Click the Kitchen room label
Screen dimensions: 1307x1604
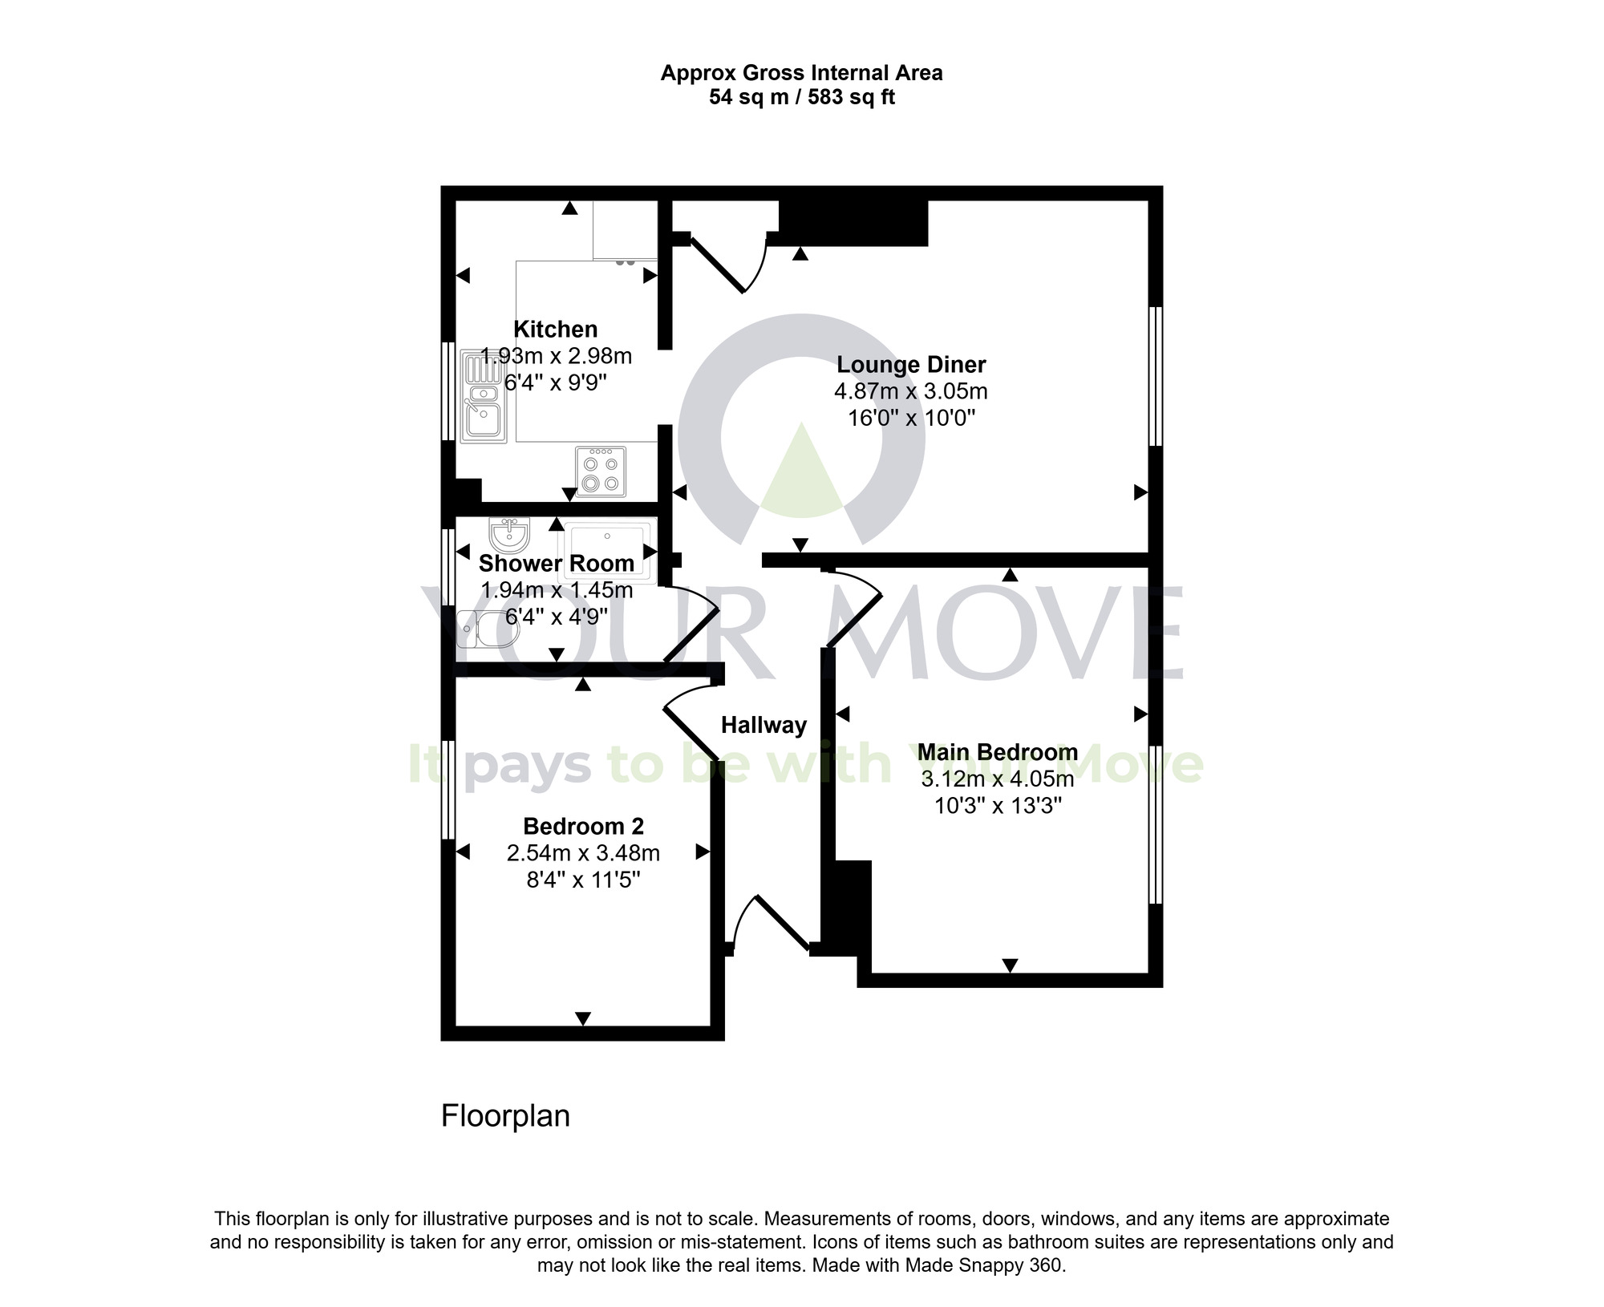point(555,330)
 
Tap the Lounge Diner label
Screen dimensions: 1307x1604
point(911,365)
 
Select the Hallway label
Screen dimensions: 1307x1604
point(764,726)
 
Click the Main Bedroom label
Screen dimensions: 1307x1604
point(998,752)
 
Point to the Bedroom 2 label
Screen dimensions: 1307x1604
point(583,826)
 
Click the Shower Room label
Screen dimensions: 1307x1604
point(557,564)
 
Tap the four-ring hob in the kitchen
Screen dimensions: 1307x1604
point(601,471)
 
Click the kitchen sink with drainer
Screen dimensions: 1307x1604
point(484,395)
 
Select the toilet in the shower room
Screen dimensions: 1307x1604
point(487,629)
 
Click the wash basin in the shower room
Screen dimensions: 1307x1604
point(508,532)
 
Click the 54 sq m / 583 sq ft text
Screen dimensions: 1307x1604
point(801,98)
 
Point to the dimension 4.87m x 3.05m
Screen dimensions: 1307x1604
point(911,392)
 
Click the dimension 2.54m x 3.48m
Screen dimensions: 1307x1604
point(583,853)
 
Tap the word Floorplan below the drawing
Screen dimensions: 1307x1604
point(505,1116)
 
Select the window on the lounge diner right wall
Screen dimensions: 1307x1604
point(1155,376)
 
